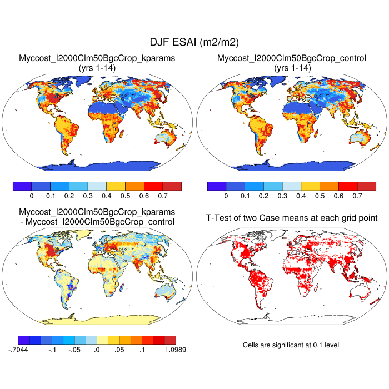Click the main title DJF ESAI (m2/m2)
tap(194, 42)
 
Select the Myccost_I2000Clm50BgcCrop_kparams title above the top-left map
tap(97, 58)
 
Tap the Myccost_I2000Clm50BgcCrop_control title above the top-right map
tap(292, 58)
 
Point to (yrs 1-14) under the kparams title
tap(97, 67)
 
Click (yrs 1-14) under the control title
tap(292, 67)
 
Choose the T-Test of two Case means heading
tap(292, 217)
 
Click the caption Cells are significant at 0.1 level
tap(291, 345)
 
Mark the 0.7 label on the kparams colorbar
tap(162, 196)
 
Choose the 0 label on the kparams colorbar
tap(32, 196)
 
